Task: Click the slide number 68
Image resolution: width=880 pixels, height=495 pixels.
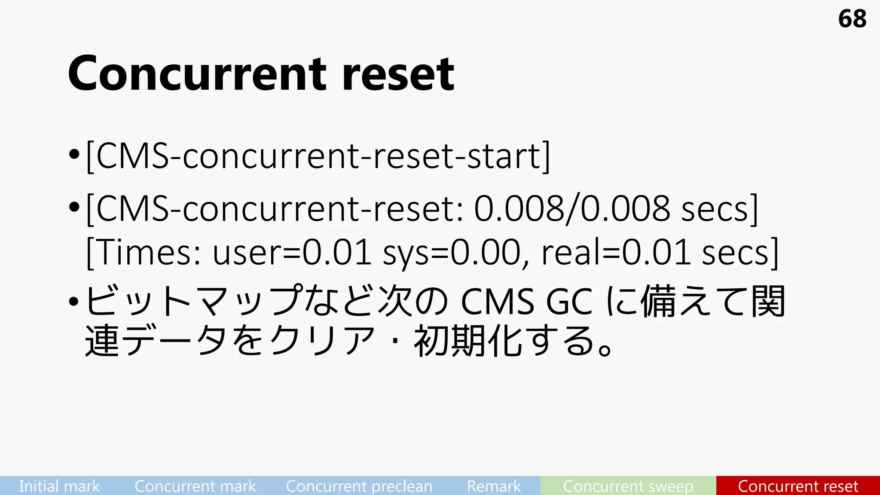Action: (852, 19)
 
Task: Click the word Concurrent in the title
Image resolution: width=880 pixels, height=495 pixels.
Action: (197, 74)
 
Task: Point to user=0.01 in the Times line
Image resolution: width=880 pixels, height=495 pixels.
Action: (292, 253)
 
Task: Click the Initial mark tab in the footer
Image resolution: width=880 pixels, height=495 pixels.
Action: (59, 486)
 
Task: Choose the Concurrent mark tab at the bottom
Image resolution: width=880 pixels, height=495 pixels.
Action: (195, 486)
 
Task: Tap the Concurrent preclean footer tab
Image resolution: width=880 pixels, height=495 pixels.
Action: (359, 486)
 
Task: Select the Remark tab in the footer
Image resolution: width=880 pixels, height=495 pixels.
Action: (494, 486)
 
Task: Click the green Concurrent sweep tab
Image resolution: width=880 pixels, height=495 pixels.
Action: (628, 486)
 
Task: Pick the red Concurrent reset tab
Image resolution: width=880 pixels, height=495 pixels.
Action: (798, 486)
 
